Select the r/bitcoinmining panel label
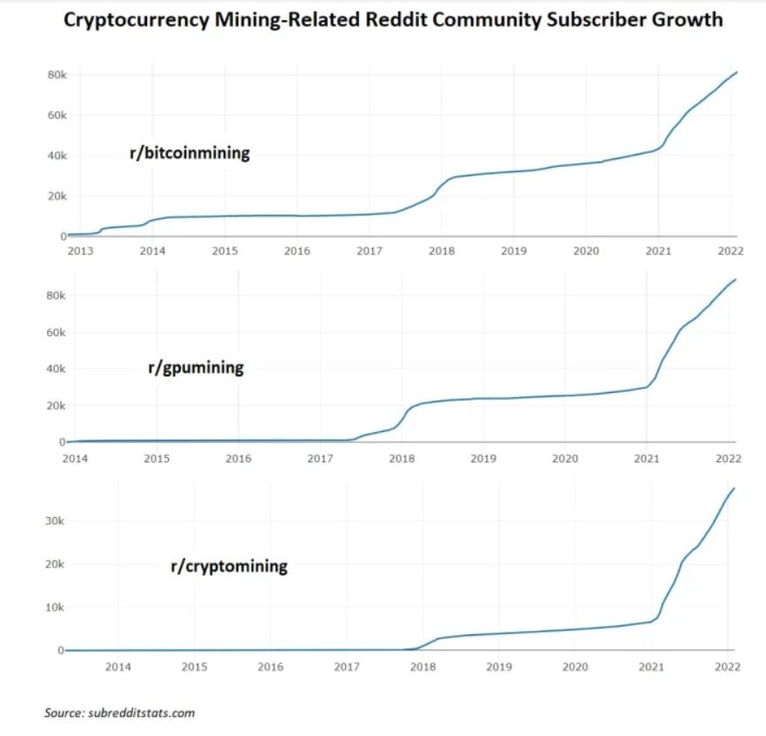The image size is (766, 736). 190,154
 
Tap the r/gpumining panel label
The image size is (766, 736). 196,368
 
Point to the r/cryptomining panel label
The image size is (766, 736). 229,567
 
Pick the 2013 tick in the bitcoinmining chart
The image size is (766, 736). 80,250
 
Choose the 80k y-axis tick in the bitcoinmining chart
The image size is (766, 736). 57,76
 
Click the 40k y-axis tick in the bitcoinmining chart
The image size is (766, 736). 57,156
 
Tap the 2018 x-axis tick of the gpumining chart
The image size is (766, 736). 401,457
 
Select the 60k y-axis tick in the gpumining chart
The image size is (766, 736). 57,332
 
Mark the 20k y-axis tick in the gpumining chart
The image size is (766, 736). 57,406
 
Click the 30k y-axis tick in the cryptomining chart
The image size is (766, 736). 53,521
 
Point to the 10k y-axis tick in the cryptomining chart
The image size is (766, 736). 53,607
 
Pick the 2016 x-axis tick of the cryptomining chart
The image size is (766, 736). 270,666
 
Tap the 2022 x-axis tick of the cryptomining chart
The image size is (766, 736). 727,666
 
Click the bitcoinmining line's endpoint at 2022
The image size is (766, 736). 737,72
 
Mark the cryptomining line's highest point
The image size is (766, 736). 736,487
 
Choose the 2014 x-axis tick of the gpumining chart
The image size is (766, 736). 75,457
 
